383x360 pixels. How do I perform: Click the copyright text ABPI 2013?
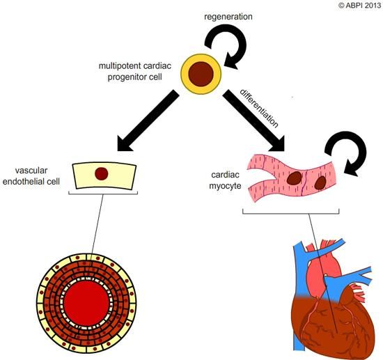coord(358,6)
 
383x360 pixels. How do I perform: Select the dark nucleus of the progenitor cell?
coord(203,73)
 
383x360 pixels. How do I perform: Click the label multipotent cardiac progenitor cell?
coord(137,70)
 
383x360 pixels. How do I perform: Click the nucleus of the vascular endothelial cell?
coord(102,173)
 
